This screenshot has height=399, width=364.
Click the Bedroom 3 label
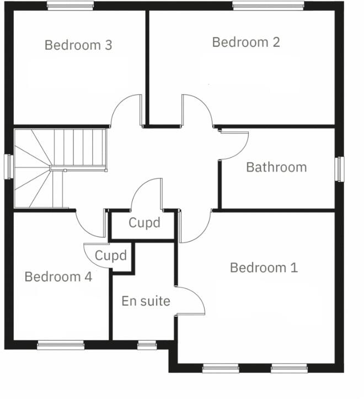click(x=78, y=45)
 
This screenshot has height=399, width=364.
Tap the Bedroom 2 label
click(x=246, y=42)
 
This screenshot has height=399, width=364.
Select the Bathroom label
click(x=276, y=167)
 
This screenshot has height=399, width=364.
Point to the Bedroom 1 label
click(x=264, y=268)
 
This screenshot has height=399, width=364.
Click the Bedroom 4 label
click(x=58, y=276)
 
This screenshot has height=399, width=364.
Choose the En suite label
click(x=146, y=301)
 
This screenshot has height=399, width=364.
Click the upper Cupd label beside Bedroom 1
click(x=144, y=223)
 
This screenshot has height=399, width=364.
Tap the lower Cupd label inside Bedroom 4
click(x=111, y=256)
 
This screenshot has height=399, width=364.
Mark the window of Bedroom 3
click(x=70, y=6)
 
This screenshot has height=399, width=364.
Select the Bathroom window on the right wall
click(x=340, y=169)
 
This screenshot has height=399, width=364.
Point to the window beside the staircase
click(x=8, y=166)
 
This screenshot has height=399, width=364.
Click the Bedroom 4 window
click(x=61, y=345)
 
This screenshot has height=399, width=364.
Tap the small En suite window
click(x=147, y=345)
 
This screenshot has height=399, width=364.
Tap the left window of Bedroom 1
click(x=221, y=368)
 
